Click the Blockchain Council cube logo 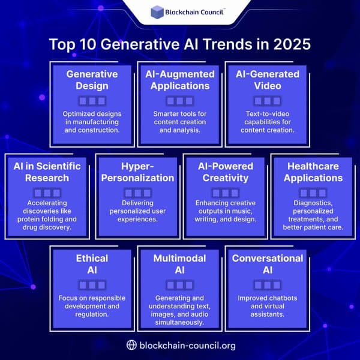coord(157,13)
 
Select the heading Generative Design coord(92,80)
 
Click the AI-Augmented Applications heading coord(179,80)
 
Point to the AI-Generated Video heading coord(267,80)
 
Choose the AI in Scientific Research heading coord(47,172)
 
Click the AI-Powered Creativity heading coord(225,172)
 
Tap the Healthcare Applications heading coord(313,172)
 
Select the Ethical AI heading coord(92,264)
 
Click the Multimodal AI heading coord(180,264)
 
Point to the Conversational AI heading coord(268,264)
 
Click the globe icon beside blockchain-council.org coord(132,345)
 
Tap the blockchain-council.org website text coord(187,345)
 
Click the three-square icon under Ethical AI coord(92,284)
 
